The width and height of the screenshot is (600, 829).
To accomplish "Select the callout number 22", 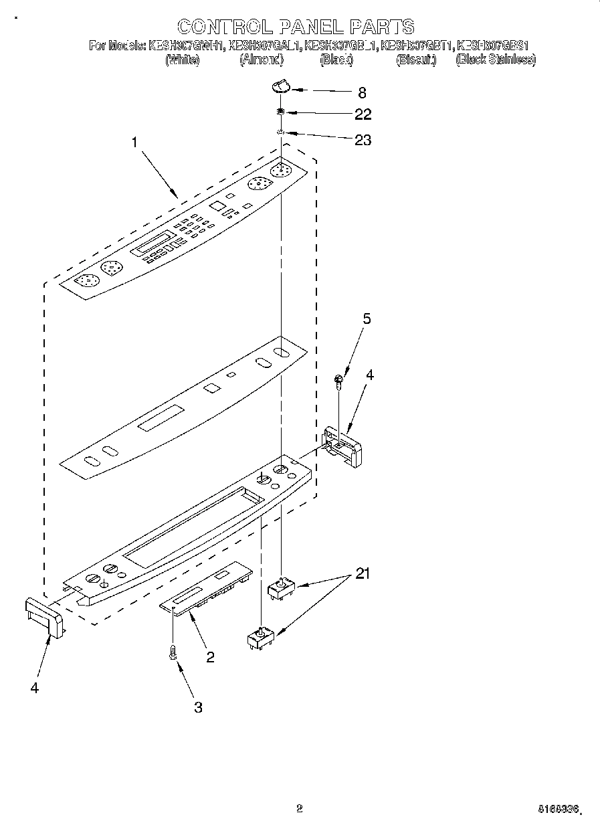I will click(x=363, y=114).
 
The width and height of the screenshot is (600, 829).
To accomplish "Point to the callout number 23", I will click(x=363, y=141).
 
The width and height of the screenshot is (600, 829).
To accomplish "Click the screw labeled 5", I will click(x=340, y=381).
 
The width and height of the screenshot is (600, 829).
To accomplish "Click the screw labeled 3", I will click(x=173, y=652).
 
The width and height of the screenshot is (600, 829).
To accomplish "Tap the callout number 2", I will click(x=210, y=658).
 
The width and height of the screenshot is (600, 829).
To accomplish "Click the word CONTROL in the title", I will click(x=226, y=27).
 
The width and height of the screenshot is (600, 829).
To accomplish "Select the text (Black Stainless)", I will click(x=495, y=60).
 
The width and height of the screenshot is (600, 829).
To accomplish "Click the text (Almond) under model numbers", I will click(x=261, y=60).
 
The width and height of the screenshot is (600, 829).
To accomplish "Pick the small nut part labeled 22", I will click(x=282, y=112).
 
